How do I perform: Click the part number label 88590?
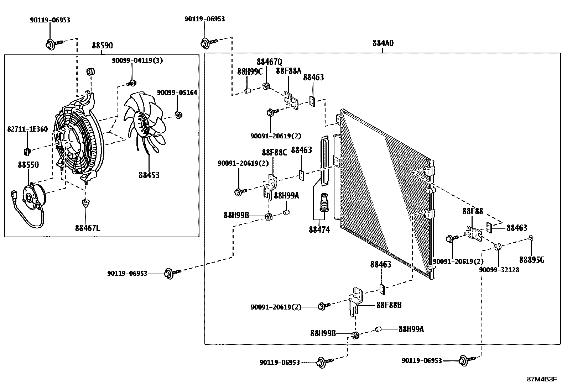[102, 46]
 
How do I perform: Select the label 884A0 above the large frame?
[383, 43]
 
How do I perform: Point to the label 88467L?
[88, 228]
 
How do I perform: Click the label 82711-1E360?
[27, 129]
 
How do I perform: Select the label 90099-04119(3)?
[137, 60]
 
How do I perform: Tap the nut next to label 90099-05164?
[178, 115]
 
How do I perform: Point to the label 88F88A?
[288, 71]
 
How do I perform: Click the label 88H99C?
[250, 72]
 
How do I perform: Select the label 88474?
[319, 230]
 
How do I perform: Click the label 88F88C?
[274, 152]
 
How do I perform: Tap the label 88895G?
[532, 260]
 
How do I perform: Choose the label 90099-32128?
[499, 270]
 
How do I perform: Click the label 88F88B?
[389, 305]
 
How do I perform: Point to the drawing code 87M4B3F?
[542, 379]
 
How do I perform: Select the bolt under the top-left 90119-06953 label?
[53, 44]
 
